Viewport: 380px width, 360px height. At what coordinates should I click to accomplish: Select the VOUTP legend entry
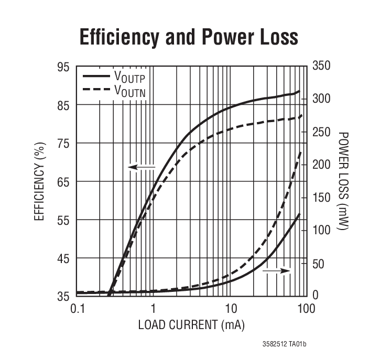[x=129, y=77]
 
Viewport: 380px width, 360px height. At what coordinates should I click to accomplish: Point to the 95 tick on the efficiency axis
[x=63, y=67]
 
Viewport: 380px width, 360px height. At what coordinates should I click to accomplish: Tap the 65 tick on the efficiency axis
[x=63, y=182]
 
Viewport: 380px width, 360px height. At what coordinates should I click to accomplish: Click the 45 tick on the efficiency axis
[x=63, y=258]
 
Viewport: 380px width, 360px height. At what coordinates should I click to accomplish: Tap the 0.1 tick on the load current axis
[x=77, y=308]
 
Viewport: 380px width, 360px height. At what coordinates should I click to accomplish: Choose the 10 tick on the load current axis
[x=230, y=308]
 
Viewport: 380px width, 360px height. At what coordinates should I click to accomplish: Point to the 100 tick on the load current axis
[x=306, y=308]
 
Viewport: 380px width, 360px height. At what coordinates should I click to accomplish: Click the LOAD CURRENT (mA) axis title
[x=191, y=325]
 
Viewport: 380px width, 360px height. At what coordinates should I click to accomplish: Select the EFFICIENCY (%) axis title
[x=40, y=181]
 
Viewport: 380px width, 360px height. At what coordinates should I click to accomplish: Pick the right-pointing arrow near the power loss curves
[x=277, y=270]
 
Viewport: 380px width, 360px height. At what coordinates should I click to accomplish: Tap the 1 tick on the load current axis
[x=153, y=308]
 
